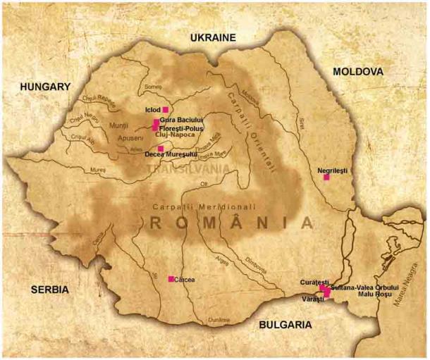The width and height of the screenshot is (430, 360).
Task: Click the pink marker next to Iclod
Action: coord(165,110)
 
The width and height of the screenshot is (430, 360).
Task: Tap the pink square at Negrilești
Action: coord(326,178)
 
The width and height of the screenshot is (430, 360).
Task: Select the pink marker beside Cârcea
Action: coord(171,279)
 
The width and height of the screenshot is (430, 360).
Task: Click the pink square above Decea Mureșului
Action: coord(161,148)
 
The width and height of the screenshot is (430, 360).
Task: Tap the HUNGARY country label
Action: coord(46,87)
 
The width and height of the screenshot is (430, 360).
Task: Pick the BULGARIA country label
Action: coord(285,325)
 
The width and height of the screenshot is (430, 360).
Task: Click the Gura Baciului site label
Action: coord(182,120)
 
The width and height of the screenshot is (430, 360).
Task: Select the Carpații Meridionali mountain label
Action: coord(200,206)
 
